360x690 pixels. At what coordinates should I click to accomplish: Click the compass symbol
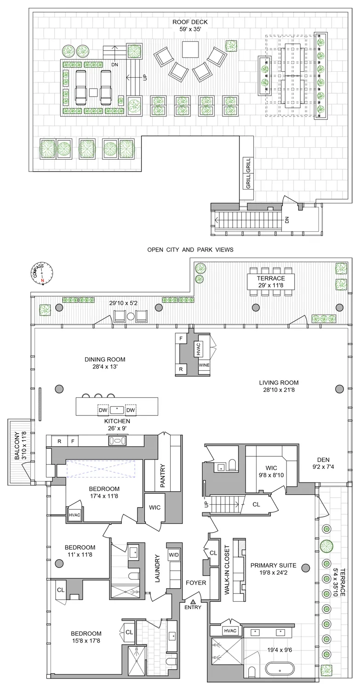pyautogui.click(x=42, y=272)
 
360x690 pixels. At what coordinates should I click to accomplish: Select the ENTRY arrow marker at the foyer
pyautogui.click(x=193, y=601)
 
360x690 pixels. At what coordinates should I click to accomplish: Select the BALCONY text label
pyautogui.click(x=17, y=445)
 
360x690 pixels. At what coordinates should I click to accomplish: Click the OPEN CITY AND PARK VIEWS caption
pyautogui.click(x=190, y=250)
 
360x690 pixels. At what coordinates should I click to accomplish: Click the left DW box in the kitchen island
pyautogui.click(x=103, y=409)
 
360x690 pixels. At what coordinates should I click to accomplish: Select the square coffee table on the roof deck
pyautogui.click(x=190, y=49)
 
